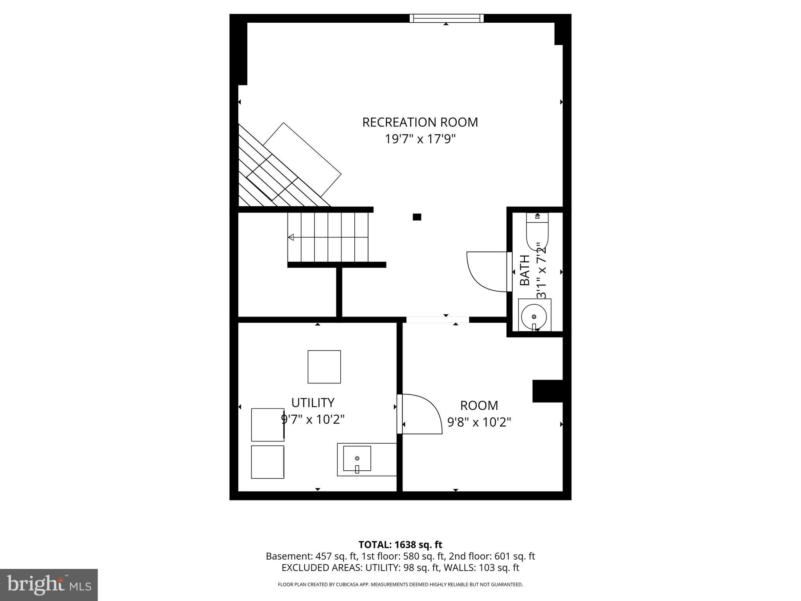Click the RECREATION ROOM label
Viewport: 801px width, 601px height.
click(420, 122)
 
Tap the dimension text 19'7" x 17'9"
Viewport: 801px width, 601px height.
click(420, 139)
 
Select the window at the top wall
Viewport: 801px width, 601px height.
click(446, 18)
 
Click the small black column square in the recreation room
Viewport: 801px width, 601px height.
click(417, 217)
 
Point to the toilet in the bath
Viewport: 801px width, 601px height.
click(537, 233)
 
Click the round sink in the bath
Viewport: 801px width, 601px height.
click(534, 316)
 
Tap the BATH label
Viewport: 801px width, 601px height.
click(524, 270)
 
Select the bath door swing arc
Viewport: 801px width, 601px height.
click(487, 272)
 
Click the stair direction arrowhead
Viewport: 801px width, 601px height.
click(291, 237)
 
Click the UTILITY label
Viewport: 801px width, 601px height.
click(312, 403)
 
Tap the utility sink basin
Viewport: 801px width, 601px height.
click(357, 458)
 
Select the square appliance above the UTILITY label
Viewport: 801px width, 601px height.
click(324, 367)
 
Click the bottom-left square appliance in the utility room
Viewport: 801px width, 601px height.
click(267, 462)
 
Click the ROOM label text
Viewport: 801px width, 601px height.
click(479, 405)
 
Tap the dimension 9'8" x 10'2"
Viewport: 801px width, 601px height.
click(479, 423)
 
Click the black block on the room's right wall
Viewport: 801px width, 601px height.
click(548, 391)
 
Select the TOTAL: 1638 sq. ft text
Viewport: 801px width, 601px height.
click(400, 545)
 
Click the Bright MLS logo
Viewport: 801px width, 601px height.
click(49, 585)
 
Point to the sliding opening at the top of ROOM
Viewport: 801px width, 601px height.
click(437, 320)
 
